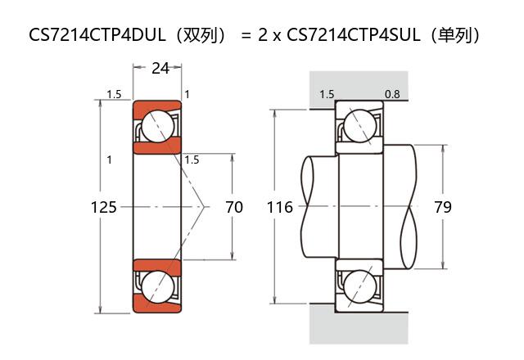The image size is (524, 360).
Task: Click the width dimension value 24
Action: coord(160,69)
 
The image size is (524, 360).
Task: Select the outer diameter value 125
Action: coord(103,207)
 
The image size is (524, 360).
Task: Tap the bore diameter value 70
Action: coord(234,207)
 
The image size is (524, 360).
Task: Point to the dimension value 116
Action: coord(280,207)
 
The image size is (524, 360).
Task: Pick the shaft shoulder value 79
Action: coord(443,207)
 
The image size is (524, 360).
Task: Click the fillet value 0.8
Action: coord(392,94)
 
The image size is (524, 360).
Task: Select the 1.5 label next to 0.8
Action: coord(327,94)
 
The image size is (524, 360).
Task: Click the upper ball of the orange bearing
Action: coord(157,126)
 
